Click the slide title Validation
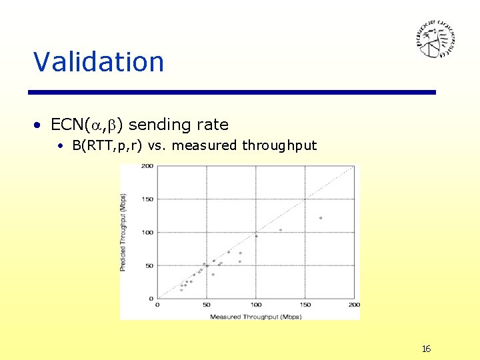pyautogui.click(x=99, y=62)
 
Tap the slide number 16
pyautogui.click(x=426, y=349)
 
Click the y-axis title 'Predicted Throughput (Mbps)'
pyautogui.click(x=123, y=232)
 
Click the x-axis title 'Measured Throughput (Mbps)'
pyautogui.click(x=255, y=316)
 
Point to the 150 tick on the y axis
pyautogui.click(x=147, y=199)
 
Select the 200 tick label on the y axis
pyautogui.click(x=147, y=166)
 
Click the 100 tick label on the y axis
pyautogui.click(x=147, y=232)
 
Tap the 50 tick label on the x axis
pyautogui.click(x=206, y=305)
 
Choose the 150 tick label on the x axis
pyautogui.click(x=305, y=305)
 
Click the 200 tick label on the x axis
pyautogui.click(x=354, y=305)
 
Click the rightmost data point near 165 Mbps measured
pyautogui.click(x=320, y=218)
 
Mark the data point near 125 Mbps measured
pyautogui.click(x=280, y=230)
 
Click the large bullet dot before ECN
pyautogui.click(x=41, y=125)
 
